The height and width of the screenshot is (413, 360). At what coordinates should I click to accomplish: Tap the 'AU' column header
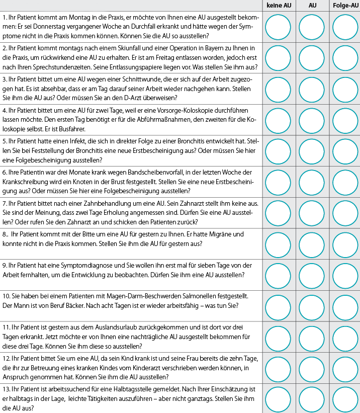tap(313, 6)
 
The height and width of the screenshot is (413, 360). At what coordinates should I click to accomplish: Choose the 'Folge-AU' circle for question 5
tap(345, 151)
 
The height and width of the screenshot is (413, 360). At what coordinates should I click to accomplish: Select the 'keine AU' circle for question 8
tap(278, 244)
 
